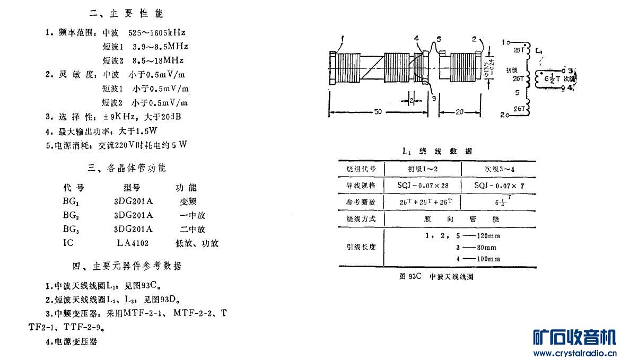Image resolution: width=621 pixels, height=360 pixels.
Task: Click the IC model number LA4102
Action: [133, 243]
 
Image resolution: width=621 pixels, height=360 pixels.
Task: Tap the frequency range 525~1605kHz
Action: [153, 32]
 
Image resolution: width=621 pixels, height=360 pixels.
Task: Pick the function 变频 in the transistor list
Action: [188, 201]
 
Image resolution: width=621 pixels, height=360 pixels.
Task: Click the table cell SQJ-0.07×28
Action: [423, 186]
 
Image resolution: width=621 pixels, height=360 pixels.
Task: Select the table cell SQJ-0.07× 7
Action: [498, 186]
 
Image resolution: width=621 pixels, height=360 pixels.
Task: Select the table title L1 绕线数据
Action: [438, 151]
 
